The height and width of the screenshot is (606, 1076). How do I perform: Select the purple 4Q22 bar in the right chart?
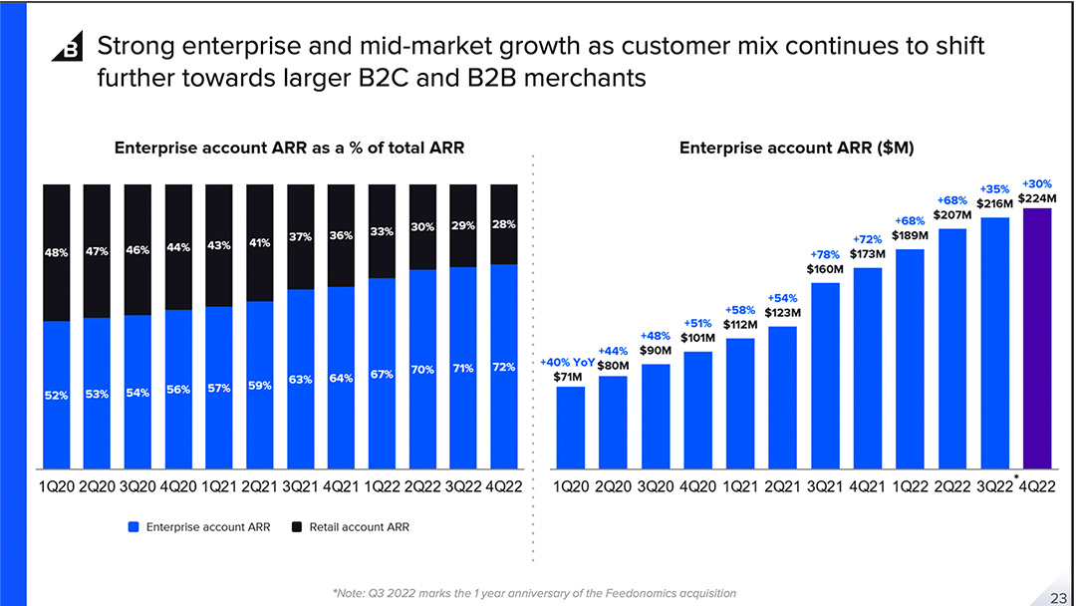point(1036,339)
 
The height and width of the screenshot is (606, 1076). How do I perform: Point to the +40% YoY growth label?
point(566,363)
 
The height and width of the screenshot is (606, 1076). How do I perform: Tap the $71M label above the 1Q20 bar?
point(568,377)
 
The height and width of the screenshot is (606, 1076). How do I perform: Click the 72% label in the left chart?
point(504,367)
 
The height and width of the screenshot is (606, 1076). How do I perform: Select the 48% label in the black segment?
point(56,253)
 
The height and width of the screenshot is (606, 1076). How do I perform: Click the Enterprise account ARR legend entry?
point(200,526)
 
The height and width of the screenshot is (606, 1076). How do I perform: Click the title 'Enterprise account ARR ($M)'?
point(797,149)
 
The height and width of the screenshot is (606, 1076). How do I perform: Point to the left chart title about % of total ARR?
point(289,149)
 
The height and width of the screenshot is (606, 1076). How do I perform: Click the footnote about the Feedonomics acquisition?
point(535,593)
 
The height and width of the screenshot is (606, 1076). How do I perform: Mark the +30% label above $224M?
point(1037,184)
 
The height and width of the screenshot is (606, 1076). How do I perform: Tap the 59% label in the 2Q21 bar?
point(260,386)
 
